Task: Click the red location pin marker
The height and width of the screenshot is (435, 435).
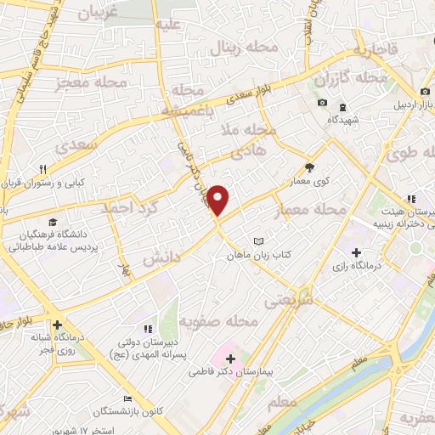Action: point(219,201)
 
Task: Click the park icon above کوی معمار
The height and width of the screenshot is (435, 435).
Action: point(310,167)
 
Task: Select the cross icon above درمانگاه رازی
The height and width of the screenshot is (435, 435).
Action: point(356,252)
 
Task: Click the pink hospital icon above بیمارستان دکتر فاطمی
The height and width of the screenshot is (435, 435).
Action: point(229,359)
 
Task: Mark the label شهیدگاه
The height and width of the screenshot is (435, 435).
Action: point(342,121)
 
